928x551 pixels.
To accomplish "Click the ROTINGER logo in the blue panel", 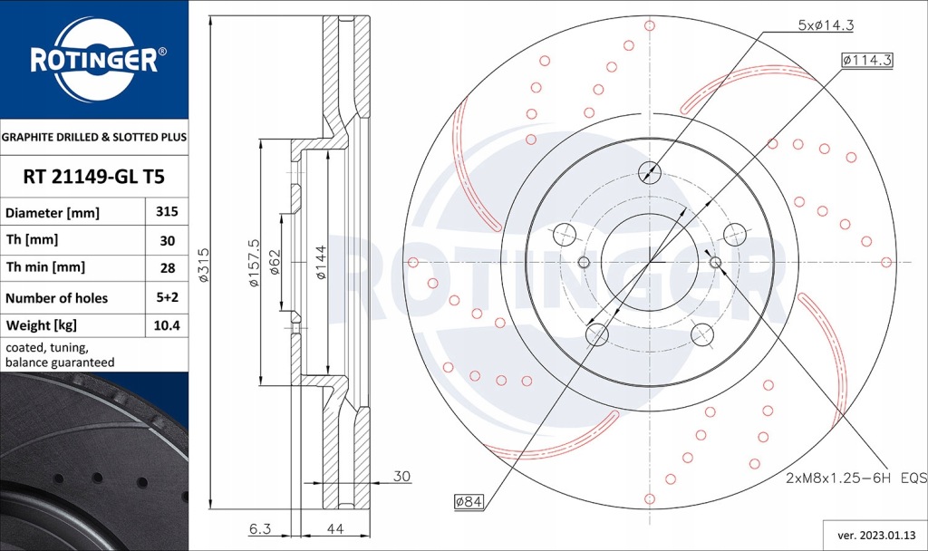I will (x=94, y=60).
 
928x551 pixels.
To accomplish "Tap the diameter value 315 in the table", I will (x=167, y=212).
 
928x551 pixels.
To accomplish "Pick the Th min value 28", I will (x=167, y=268).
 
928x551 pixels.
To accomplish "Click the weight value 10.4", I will (x=167, y=325).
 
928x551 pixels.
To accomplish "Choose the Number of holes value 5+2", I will (x=167, y=297).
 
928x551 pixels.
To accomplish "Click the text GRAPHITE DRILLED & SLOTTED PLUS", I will (x=94, y=138).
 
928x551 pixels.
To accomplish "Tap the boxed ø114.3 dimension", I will (x=867, y=60).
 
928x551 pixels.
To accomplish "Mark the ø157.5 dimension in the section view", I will (x=254, y=263).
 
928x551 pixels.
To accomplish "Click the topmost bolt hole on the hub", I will (x=649, y=172).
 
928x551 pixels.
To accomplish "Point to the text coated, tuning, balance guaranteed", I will (x=60, y=354).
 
